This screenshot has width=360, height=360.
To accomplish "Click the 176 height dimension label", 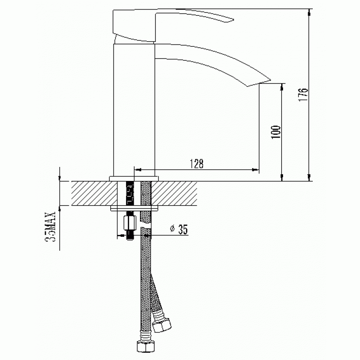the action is point(303,94).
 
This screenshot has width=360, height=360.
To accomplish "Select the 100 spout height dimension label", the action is point(276,132).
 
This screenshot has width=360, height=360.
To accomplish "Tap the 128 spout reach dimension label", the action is point(196,163).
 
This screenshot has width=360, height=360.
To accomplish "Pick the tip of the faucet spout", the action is point(270,81).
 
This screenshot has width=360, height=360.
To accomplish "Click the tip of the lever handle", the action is point(234,19).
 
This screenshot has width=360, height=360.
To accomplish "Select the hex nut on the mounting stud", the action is point(130,223).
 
